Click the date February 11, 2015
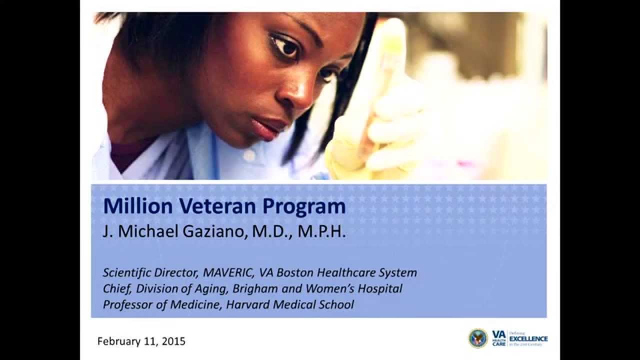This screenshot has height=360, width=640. pyautogui.click(x=141, y=341)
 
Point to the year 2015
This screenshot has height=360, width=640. pyautogui.click(x=174, y=341)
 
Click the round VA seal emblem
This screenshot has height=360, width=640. pyautogui.click(x=477, y=338)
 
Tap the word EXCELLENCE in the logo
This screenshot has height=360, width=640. pyautogui.click(x=528, y=338)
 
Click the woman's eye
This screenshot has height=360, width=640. pyautogui.click(x=286, y=49)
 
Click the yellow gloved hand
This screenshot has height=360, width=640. pyautogui.click(x=380, y=135)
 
